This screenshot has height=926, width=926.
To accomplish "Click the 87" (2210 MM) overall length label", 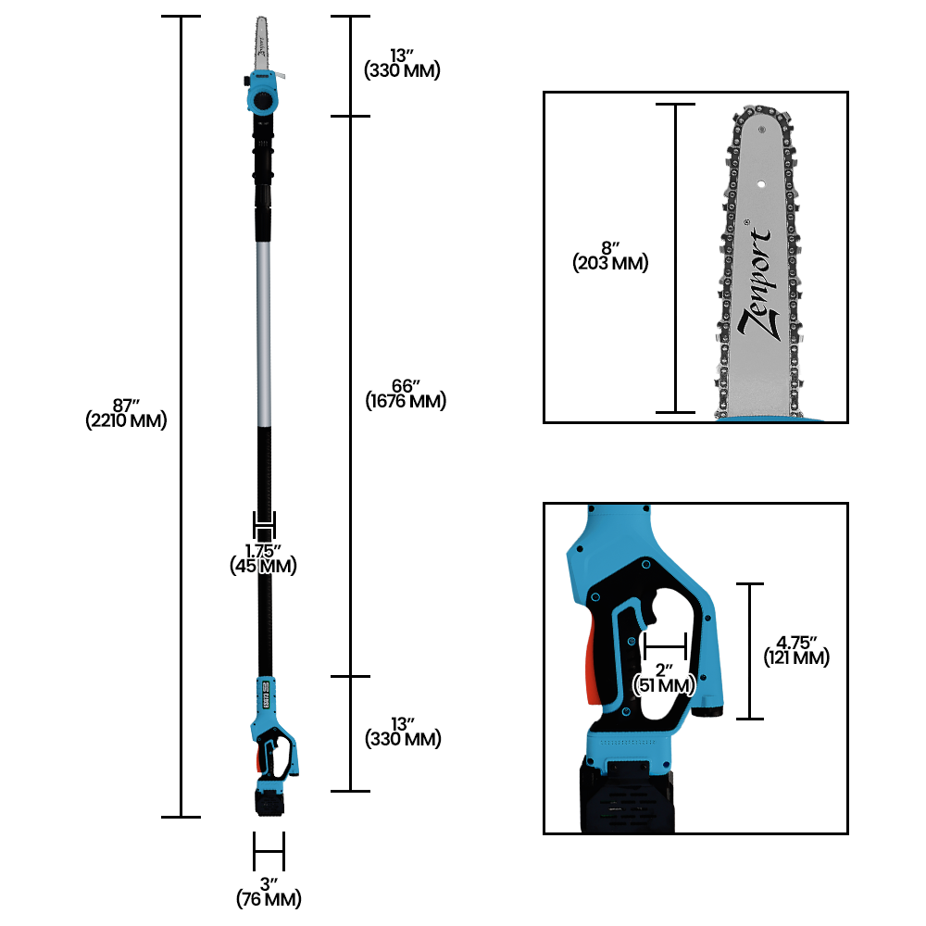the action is point(126,413).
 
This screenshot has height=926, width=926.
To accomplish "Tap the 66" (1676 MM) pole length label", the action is point(406,394).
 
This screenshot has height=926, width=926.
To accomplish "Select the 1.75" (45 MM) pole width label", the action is point(263,558).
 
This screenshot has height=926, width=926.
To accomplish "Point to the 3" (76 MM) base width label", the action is point(269,893).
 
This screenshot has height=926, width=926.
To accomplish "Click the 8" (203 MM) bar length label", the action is point(610,256).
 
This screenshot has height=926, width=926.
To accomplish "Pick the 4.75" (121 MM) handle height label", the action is point(796,651).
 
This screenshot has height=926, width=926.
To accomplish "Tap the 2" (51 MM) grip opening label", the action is point(664,678).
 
